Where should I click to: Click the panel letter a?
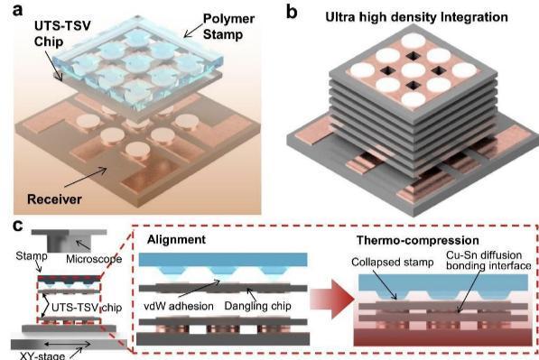[18, 10]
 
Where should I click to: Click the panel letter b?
[292, 13]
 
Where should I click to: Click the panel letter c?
[18, 226]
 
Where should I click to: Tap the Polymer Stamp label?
[228, 26]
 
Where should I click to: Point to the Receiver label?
[54, 199]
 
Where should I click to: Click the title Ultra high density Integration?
[416, 17]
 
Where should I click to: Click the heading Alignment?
[176, 239]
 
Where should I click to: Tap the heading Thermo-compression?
[418, 240]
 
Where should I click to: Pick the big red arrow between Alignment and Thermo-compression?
[332, 298]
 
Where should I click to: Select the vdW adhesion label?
[179, 306]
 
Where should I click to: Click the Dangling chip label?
[257, 306]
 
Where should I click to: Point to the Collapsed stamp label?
[392, 262]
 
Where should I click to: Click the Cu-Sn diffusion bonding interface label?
[488, 260]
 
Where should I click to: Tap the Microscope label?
[94, 259]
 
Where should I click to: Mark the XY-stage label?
[42, 355]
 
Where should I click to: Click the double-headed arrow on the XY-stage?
[68, 344]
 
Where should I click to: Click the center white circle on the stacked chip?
[414, 69]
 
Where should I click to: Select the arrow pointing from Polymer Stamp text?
[193, 30]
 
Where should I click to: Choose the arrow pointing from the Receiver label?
[85, 177]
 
